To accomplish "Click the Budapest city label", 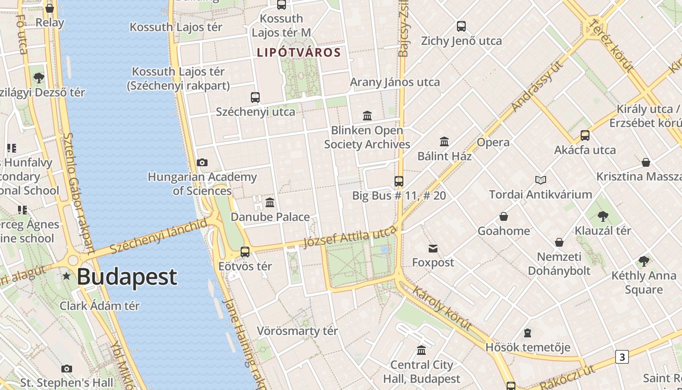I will (x=127, y=277).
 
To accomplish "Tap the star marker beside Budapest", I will (x=67, y=276).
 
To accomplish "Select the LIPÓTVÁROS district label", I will (x=298, y=52).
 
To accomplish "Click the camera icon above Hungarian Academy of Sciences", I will (x=202, y=162).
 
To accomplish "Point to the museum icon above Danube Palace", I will (x=270, y=202).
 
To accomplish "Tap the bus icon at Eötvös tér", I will (x=245, y=252).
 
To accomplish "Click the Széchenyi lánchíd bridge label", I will (x=158, y=236).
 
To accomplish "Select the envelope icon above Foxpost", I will (x=433, y=249).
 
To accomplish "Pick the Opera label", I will (x=493, y=142).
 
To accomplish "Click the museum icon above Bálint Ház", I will (x=444, y=142).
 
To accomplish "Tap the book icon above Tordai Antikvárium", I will (x=541, y=180).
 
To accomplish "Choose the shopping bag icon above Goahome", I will (x=504, y=216).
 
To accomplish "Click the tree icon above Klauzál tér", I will (x=603, y=216).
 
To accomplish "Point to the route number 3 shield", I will (x=622, y=357).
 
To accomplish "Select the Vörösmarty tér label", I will (x=297, y=331).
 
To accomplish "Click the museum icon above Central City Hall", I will (x=421, y=350).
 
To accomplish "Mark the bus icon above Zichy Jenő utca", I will (x=461, y=26).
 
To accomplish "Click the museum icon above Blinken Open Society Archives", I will (x=367, y=116).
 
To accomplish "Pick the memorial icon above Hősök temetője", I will (x=528, y=333).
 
